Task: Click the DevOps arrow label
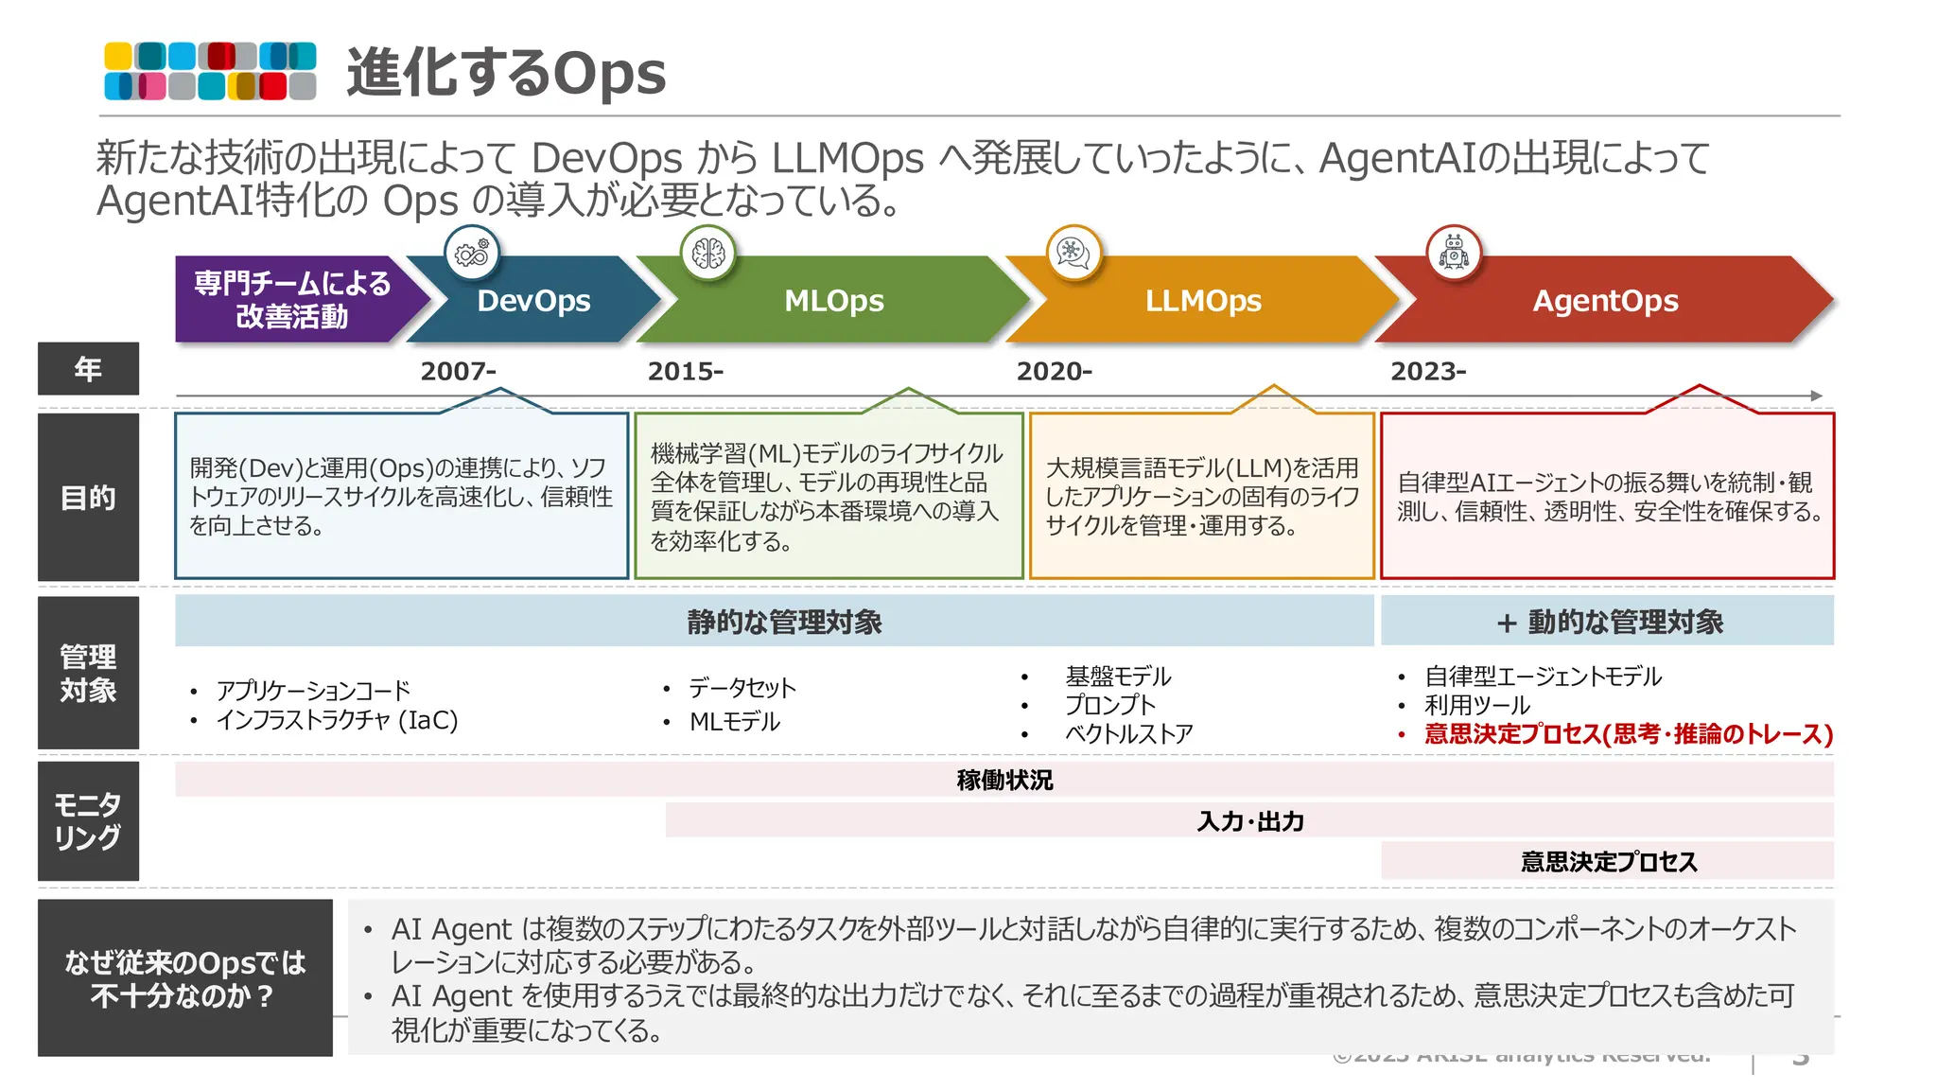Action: [533, 301]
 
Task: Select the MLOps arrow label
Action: [833, 301]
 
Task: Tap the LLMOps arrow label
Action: [1202, 301]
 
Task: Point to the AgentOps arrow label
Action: [1605, 301]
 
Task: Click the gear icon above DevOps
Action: [471, 254]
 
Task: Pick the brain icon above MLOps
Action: [707, 253]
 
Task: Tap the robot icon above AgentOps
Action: [1454, 253]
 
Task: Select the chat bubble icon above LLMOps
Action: [1073, 253]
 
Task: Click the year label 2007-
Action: [458, 371]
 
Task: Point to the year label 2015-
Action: [685, 371]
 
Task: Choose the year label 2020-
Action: [1054, 371]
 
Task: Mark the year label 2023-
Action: [1427, 371]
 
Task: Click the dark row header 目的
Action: [88, 497]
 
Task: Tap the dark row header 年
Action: [88, 368]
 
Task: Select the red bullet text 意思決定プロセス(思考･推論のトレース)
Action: [1628, 734]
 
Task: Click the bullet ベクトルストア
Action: [1128, 734]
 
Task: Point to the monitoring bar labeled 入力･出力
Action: [1249, 820]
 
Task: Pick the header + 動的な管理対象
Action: [1608, 622]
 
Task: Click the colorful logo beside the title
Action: [210, 71]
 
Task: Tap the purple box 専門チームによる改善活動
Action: [291, 299]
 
